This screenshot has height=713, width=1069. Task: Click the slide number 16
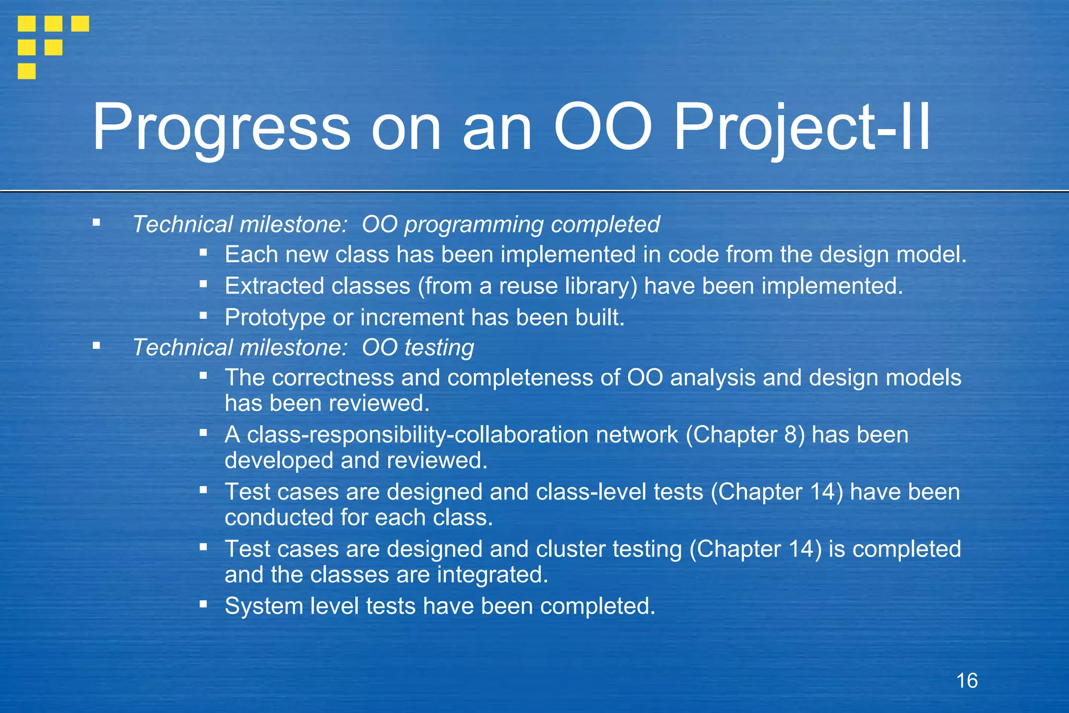(967, 681)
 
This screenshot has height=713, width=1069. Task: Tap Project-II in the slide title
(801, 128)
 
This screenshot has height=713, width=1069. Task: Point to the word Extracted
(274, 286)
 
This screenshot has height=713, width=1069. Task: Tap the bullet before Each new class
(204, 253)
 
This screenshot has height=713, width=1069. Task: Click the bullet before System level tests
(204, 605)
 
